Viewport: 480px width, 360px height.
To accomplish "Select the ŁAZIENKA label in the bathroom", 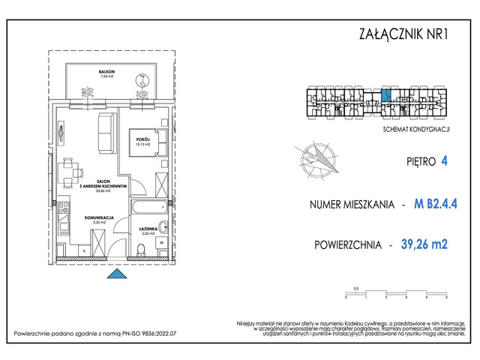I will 147,227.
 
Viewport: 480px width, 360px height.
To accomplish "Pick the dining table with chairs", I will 72,174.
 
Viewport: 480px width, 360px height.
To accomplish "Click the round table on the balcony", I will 140,80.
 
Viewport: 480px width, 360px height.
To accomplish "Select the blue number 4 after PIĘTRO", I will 445,160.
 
